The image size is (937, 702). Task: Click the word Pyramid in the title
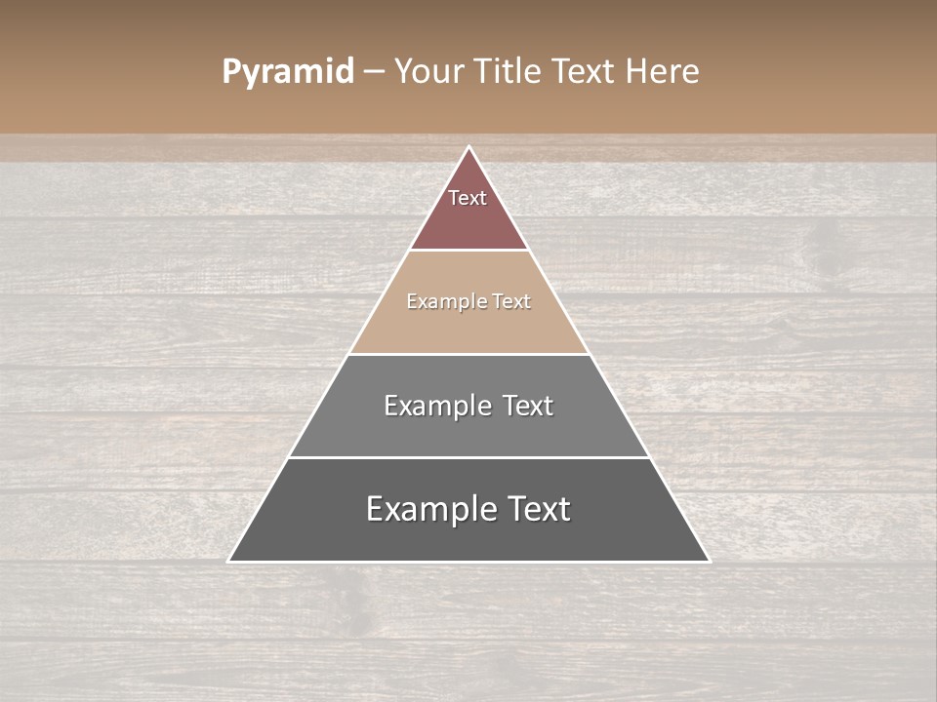[288, 72]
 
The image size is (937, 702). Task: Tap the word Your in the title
[428, 72]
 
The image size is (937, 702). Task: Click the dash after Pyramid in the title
[374, 72]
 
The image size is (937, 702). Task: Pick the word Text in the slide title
[587, 72]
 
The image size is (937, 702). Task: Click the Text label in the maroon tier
[468, 198]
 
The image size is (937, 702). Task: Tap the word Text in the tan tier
[511, 302]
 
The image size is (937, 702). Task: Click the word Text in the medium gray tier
[528, 406]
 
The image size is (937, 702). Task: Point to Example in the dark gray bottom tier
[430, 509]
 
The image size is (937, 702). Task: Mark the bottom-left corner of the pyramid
[229, 561]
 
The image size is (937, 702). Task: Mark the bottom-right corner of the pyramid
[709, 561]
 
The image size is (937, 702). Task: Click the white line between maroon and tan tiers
[469, 251]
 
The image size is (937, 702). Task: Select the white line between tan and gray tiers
[469, 354]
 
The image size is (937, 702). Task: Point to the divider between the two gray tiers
[469, 457]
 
